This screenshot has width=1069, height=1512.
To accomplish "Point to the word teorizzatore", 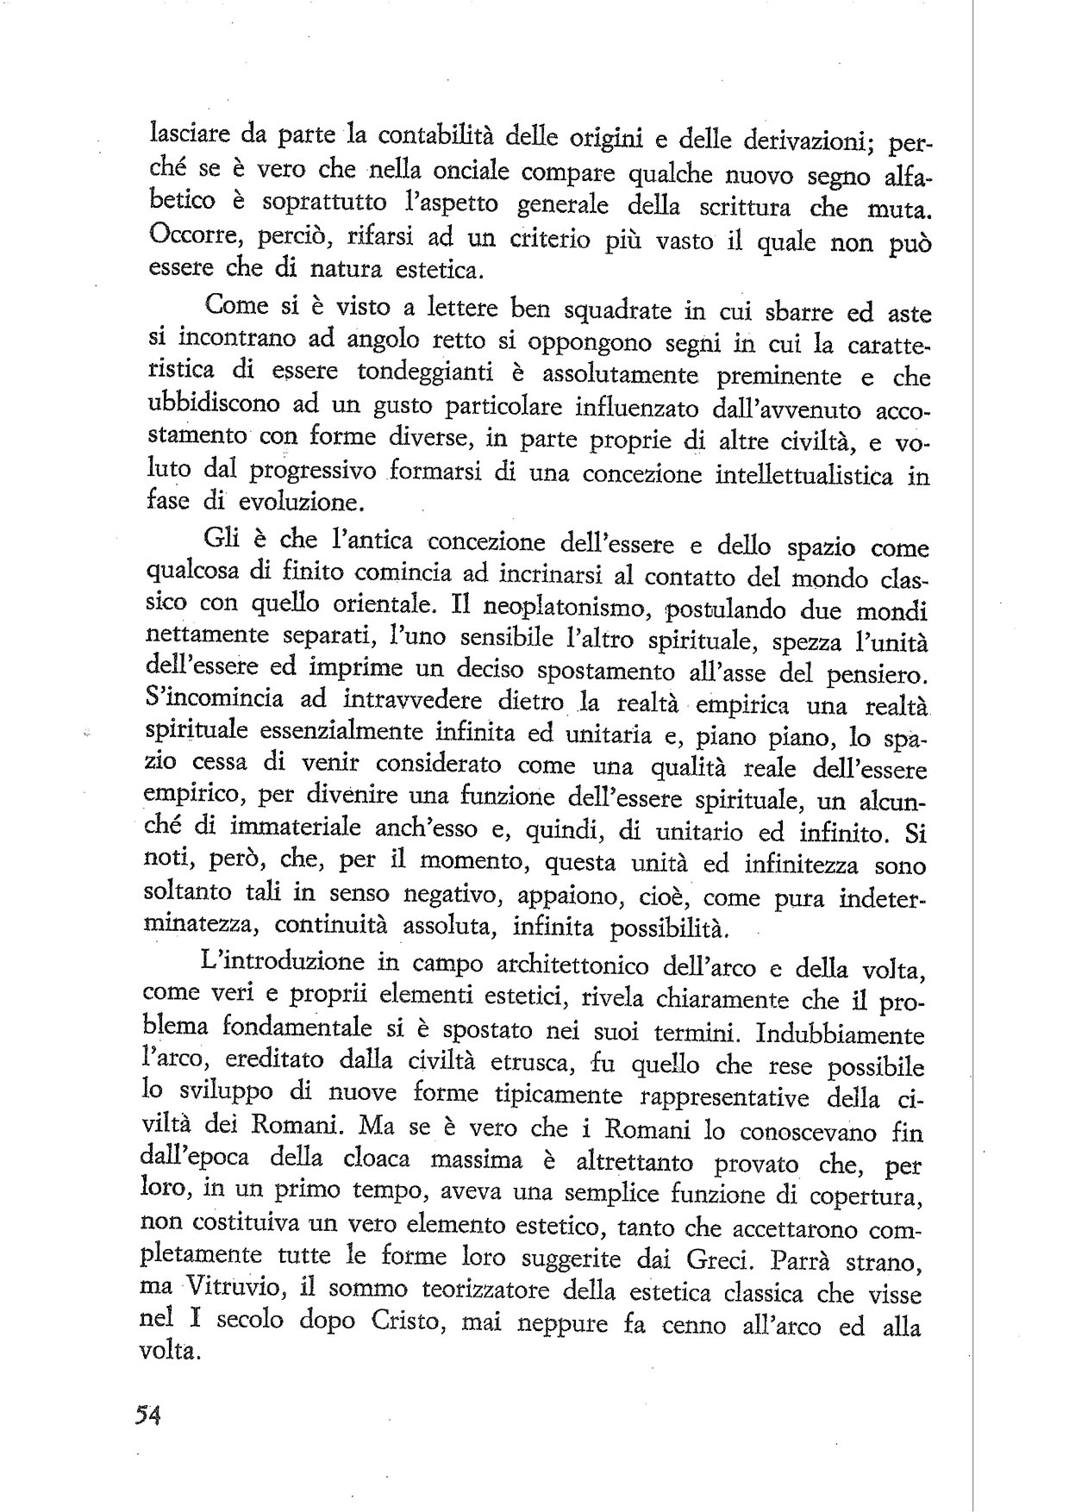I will [x=483, y=1292].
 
